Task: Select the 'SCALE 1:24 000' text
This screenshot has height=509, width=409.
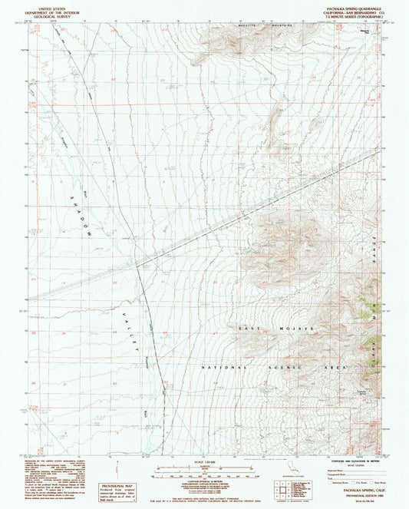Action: click(x=204, y=461)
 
